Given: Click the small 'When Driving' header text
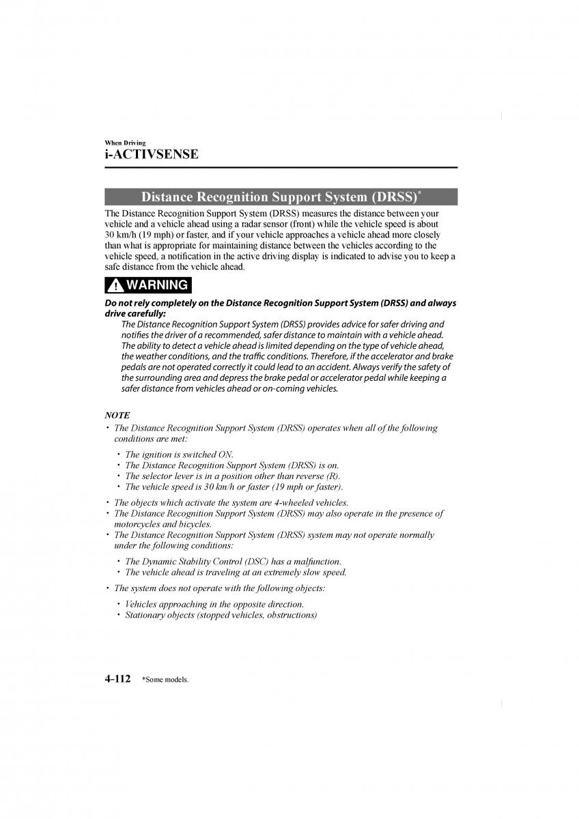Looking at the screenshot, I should tap(125, 143).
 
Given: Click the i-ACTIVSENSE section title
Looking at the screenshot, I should tap(152, 154).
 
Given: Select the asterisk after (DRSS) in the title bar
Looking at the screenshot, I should tap(419, 194).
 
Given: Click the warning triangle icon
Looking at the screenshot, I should tap(115, 285).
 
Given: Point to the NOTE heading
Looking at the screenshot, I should tap(117, 415).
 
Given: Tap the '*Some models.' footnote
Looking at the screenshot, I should tap(165, 680).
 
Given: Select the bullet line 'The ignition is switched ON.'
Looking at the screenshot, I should tap(179, 454).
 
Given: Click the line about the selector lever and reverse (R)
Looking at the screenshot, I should tap(232, 476).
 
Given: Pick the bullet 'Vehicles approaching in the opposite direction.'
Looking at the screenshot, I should tap(214, 604).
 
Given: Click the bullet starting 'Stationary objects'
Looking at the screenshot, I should tap(221, 615).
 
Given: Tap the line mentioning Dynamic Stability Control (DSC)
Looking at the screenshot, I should tap(233, 561).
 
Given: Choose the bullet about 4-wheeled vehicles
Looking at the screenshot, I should tap(231, 502).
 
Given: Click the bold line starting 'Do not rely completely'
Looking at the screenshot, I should tap(280, 303).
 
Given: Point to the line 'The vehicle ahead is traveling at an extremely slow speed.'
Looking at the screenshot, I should tap(236, 572).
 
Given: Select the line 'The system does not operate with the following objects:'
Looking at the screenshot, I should tap(219, 588).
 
